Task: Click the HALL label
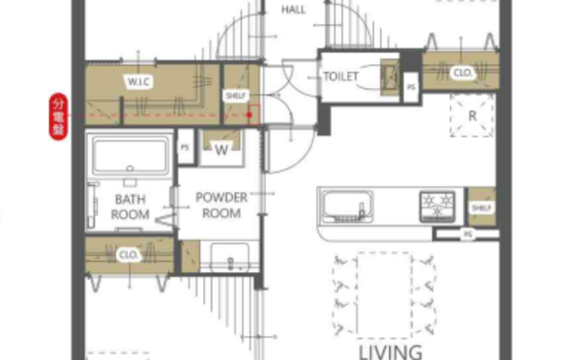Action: point(293,10)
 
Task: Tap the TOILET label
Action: point(341,76)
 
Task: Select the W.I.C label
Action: point(139,81)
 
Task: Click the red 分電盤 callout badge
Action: point(59,116)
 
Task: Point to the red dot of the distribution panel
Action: point(249,115)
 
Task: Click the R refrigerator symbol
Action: point(472,116)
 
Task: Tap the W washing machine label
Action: point(222,150)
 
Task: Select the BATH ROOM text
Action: point(131,207)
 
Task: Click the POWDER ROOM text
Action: point(222,205)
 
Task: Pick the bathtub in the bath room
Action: point(130,155)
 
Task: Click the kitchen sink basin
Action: point(348,206)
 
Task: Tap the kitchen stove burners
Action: point(437,207)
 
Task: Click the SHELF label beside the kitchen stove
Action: point(481,208)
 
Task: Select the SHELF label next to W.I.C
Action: point(235,96)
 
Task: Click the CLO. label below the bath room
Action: point(129,255)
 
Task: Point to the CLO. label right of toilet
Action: point(462,72)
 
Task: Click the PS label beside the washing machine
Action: point(185,147)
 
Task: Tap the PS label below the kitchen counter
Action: point(467,234)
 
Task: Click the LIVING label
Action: point(391,352)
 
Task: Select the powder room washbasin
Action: point(230,258)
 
